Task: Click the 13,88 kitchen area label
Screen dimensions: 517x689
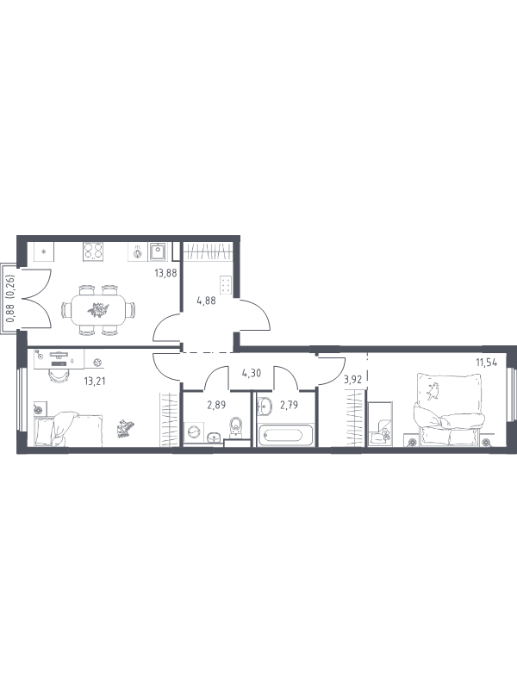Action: coord(165,273)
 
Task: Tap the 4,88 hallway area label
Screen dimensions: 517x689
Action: coord(206,301)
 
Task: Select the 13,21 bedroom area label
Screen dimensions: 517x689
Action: coord(95,381)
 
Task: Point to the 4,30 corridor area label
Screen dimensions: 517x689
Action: coord(252,374)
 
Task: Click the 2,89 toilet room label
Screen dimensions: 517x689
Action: coord(216,405)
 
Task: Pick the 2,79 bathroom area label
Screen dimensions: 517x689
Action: coord(289,405)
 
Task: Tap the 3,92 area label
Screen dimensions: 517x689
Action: coord(352,380)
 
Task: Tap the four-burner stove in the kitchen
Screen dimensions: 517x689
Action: coord(94,251)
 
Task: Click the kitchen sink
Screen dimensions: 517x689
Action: coord(157,252)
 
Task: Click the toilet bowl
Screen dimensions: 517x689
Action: coord(236,427)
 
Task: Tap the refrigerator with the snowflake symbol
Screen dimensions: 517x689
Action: coord(44,252)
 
